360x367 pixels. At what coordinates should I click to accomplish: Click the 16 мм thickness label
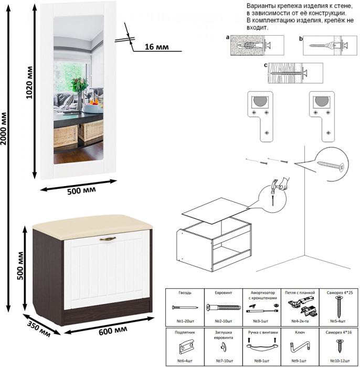click(x=156, y=47)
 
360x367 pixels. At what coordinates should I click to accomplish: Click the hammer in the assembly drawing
click(x=278, y=185)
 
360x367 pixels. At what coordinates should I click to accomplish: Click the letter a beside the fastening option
click(x=227, y=38)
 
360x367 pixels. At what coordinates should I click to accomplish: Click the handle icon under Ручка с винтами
click(x=261, y=347)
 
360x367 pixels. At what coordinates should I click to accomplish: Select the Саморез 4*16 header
click(x=338, y=332)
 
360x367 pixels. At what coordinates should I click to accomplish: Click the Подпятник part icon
click(x=184, y=347)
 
